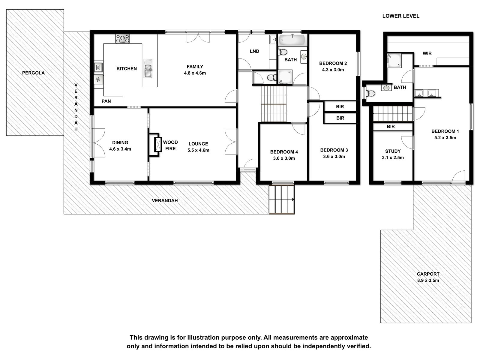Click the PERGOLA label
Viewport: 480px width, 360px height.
33,73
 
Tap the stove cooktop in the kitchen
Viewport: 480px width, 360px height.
122,39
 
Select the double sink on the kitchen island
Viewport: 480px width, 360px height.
148,68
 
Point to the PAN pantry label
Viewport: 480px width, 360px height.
106,101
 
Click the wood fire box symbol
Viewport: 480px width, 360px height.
158,144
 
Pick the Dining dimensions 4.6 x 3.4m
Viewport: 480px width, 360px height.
120,149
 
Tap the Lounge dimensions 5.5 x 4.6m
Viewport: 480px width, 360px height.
198,150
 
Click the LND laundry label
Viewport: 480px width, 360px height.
254,51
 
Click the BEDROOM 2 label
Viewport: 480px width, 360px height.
333,63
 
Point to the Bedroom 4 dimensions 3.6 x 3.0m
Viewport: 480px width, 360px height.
284,158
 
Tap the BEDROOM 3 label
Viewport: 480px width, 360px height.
334,150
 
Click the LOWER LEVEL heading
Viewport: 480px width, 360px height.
401,16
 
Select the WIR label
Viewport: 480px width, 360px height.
427,53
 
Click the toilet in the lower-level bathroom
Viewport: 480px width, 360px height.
370,93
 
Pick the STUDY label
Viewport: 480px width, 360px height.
393,151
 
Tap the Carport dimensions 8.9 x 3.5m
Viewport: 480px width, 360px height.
428,280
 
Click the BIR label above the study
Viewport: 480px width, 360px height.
391,127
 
